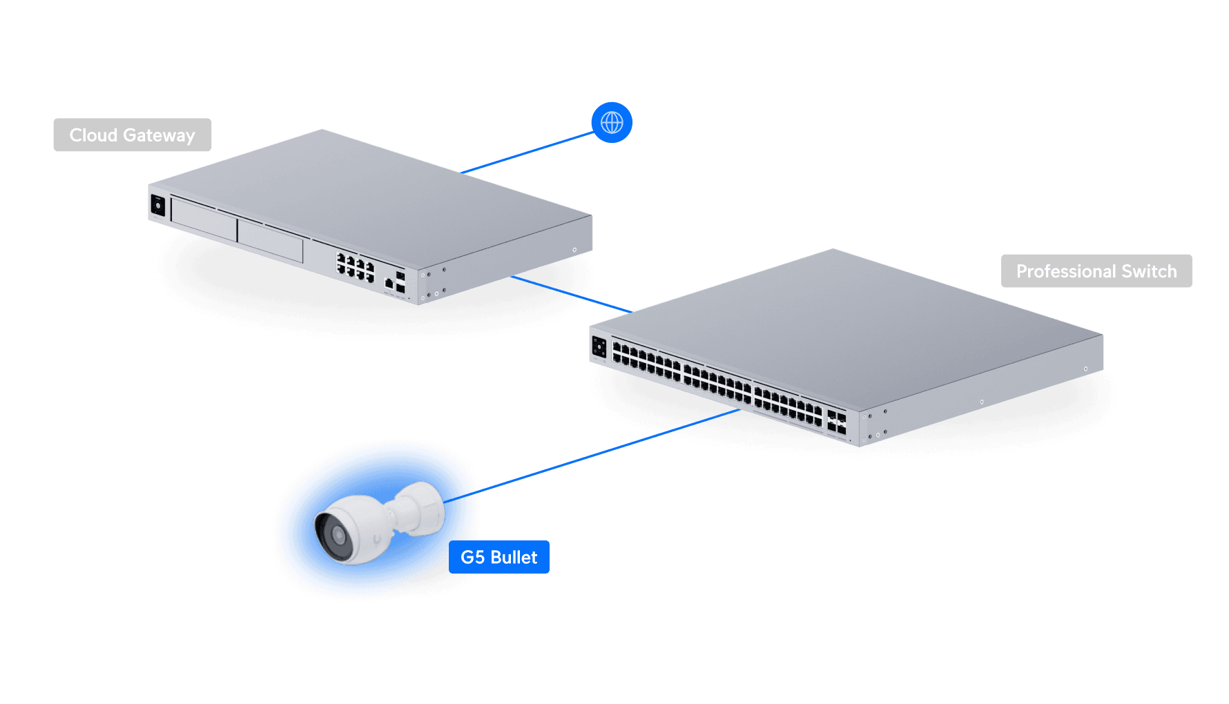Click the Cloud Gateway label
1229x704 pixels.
pos(132,135)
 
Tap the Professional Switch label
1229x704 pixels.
pos(1096,271)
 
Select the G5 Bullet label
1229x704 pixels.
pos(499,558)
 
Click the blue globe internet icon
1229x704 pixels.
pos(612,123)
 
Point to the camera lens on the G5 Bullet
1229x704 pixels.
pos(338,535)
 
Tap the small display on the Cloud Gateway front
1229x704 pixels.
pos(158,206)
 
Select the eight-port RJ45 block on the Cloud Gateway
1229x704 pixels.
pos(355,267)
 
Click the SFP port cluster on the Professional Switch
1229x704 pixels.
pos(836,422)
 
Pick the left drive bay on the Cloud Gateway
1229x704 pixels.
pos(204,219)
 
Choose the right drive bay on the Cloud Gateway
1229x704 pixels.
pos(270,241)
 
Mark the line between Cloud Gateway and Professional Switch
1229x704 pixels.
pos(570,294)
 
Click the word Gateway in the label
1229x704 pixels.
pos(159,135)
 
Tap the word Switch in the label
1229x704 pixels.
pos(1149,271)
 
